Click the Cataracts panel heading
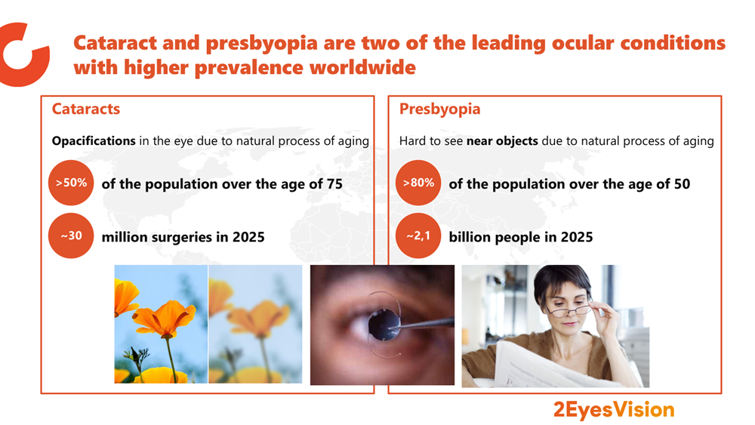[86, 109]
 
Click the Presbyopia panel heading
[439, 109]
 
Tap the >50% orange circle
[71, 183]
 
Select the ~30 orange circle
[71, 236]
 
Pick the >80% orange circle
[418, 183]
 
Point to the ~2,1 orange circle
[418, 236]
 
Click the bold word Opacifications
[94, 141]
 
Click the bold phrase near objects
[502, 141]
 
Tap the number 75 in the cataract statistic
[334, 184]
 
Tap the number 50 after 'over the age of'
[682, 184]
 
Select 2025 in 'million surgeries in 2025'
[248, 237]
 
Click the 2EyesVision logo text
[614, 410]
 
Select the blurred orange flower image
[255, 324]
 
